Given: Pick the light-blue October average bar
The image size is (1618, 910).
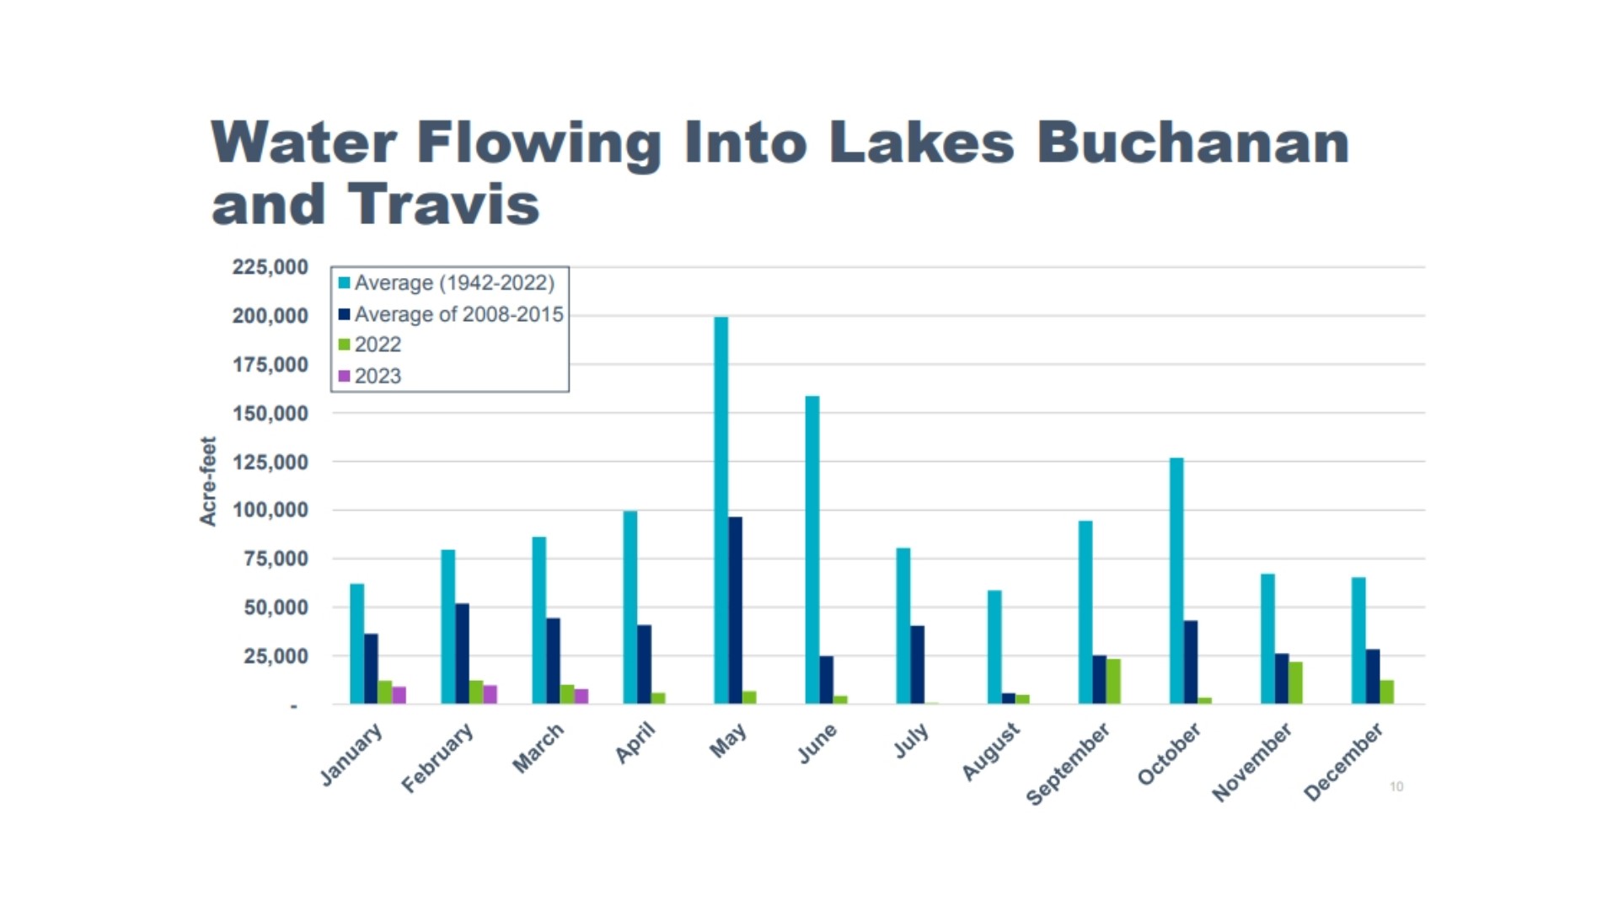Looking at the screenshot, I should [1176, 581].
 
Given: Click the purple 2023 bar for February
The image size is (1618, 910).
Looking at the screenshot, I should [490, 694].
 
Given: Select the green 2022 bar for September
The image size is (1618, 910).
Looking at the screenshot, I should [1113, 681].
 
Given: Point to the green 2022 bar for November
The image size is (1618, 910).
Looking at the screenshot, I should [1295, 682].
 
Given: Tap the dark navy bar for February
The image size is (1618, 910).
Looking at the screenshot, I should [462, 653].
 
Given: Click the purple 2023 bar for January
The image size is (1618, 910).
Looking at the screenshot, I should [399, 695].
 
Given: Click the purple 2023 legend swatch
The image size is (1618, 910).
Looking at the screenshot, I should [344, 376].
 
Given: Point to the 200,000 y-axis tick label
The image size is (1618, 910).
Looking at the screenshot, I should [270, 316].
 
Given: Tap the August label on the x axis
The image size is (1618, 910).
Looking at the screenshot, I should [991, 751].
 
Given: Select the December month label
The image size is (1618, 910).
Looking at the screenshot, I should [1343, 761].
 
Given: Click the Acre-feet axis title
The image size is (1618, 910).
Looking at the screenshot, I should [208, 481].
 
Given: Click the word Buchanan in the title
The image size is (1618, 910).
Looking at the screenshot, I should [1192, 142].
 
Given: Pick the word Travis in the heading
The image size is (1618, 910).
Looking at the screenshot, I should [443, 205].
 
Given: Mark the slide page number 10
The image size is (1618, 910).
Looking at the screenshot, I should [1396, 786].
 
